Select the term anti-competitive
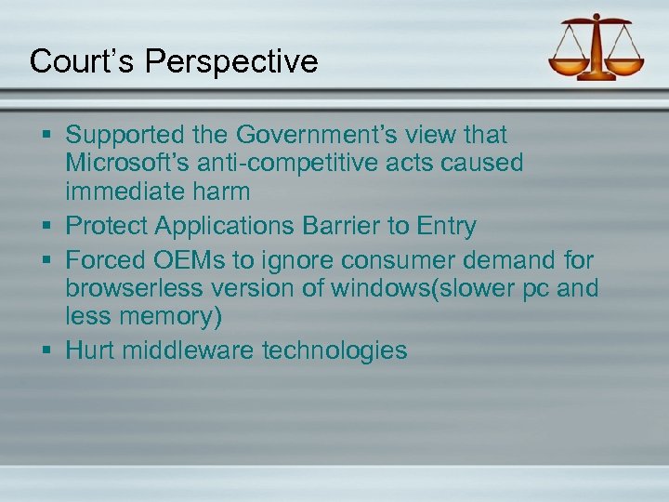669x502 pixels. coord(280,164)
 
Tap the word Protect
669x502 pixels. coord(110,225)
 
